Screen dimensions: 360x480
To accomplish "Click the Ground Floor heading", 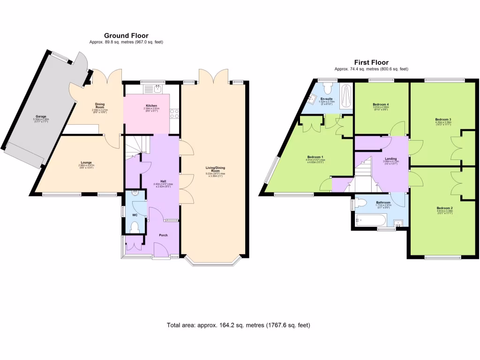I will pyautogui.click(x=126, y=36).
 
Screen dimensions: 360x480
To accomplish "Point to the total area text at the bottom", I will pyautogui.click(x=239, y=325).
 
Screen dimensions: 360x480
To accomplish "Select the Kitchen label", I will pyautogui.click(x=151, y=106).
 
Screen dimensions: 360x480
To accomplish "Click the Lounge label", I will pyautogui.click(x=85, y=163).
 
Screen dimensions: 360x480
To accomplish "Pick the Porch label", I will pyautogui.click(x=163, y=235).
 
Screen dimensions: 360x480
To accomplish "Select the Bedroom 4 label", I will pyautogui.click(x=381, y=104).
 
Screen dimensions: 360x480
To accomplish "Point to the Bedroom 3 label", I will pyautogui.click(x=442, y=120).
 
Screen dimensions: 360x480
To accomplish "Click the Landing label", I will pyautogui.click(x=390, y=159).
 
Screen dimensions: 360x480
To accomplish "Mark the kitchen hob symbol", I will pyautogui.click(x=174, y=113).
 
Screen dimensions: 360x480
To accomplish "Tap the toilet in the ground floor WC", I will pyautogui.click(x=135, y=227).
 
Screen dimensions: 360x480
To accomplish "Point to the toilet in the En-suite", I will pyautogui.click(x=328, y=87).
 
